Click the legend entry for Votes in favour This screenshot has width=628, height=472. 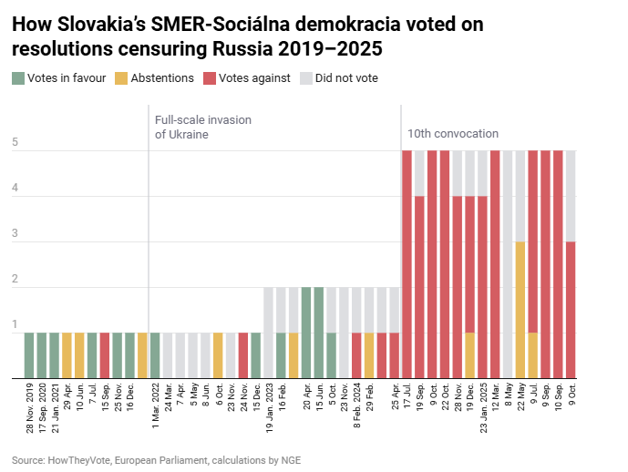[x=64, y=78]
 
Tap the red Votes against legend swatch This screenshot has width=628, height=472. [x=210, y=78]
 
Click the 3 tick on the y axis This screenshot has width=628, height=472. [x=15, y=234]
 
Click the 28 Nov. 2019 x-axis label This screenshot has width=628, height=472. [x=30, y=407]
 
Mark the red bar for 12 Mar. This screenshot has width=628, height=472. [x=495, y=264]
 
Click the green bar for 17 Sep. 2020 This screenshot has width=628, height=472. [x=42, y=355]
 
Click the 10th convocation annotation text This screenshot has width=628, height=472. [x=453, y=134]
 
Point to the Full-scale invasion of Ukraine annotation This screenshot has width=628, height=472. [x=202, y=127]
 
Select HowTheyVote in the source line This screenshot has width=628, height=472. [x=81, y=460]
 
